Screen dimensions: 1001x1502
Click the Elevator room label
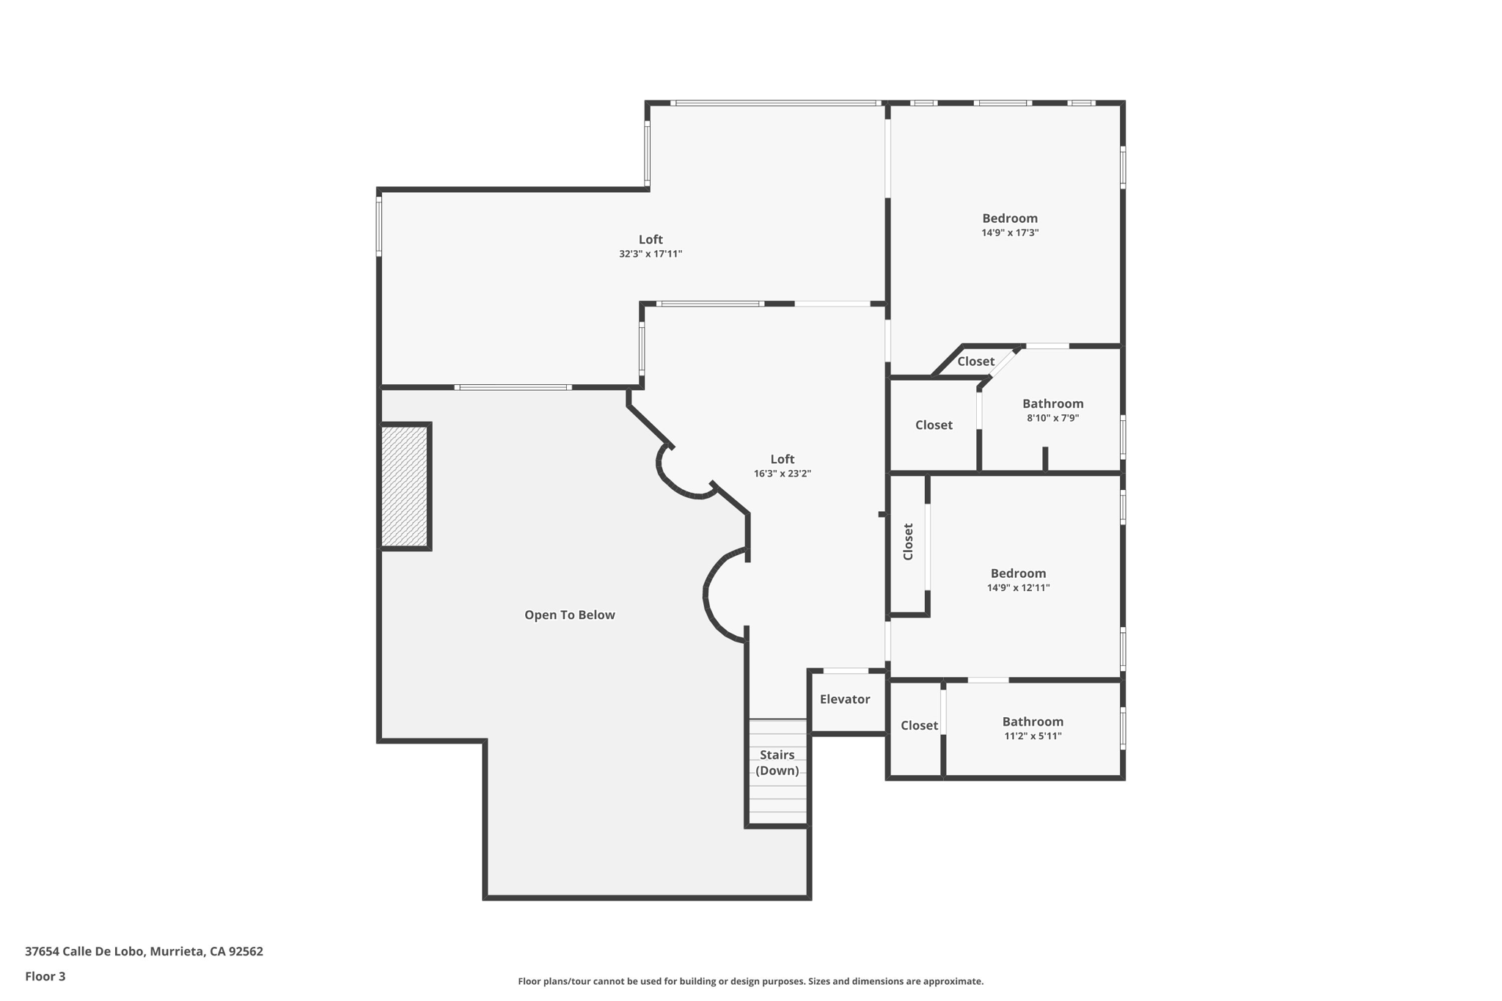845,700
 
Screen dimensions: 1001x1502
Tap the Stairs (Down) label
777,763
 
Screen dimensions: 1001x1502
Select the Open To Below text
569,615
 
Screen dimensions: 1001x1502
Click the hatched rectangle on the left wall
405,486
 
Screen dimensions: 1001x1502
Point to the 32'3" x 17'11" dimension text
651,254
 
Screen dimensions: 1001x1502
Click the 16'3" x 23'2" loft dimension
783,474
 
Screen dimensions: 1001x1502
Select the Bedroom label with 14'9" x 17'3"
1010,219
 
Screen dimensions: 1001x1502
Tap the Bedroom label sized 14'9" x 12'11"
1018,573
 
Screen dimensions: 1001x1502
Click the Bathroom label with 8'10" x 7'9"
1052,404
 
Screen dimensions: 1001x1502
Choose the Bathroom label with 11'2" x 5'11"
1033,722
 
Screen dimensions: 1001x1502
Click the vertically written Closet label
908,542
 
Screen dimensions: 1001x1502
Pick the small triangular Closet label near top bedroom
975,362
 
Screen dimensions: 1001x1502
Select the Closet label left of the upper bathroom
934,425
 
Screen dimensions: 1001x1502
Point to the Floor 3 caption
45,977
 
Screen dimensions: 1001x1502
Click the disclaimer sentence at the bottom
750,982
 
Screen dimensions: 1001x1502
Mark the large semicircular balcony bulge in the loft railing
722,595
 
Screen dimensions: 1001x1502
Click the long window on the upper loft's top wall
775,103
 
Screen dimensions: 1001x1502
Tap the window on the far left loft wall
379,226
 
